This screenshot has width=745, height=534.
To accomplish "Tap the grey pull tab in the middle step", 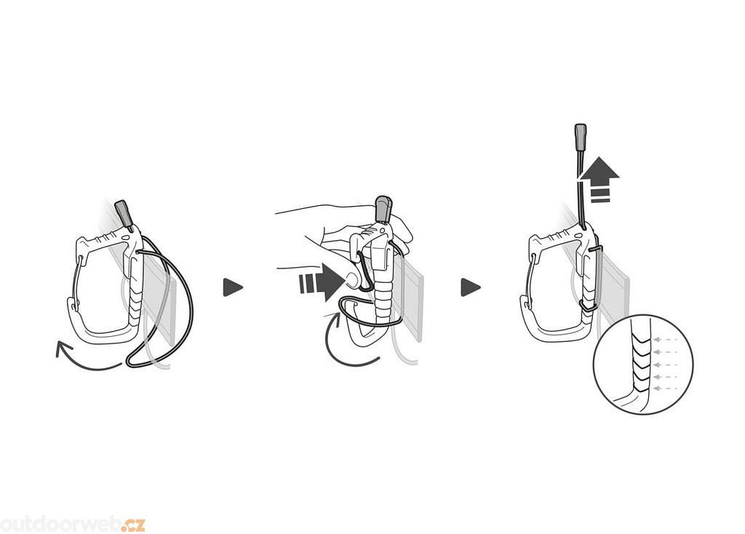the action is point(383,209).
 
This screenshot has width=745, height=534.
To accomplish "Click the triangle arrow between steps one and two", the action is point(232,287).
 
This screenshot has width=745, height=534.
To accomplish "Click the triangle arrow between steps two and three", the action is point(471,287).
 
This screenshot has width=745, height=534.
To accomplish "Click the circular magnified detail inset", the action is point(643,364).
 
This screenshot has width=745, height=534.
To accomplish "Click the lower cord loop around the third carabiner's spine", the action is point(588,306).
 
